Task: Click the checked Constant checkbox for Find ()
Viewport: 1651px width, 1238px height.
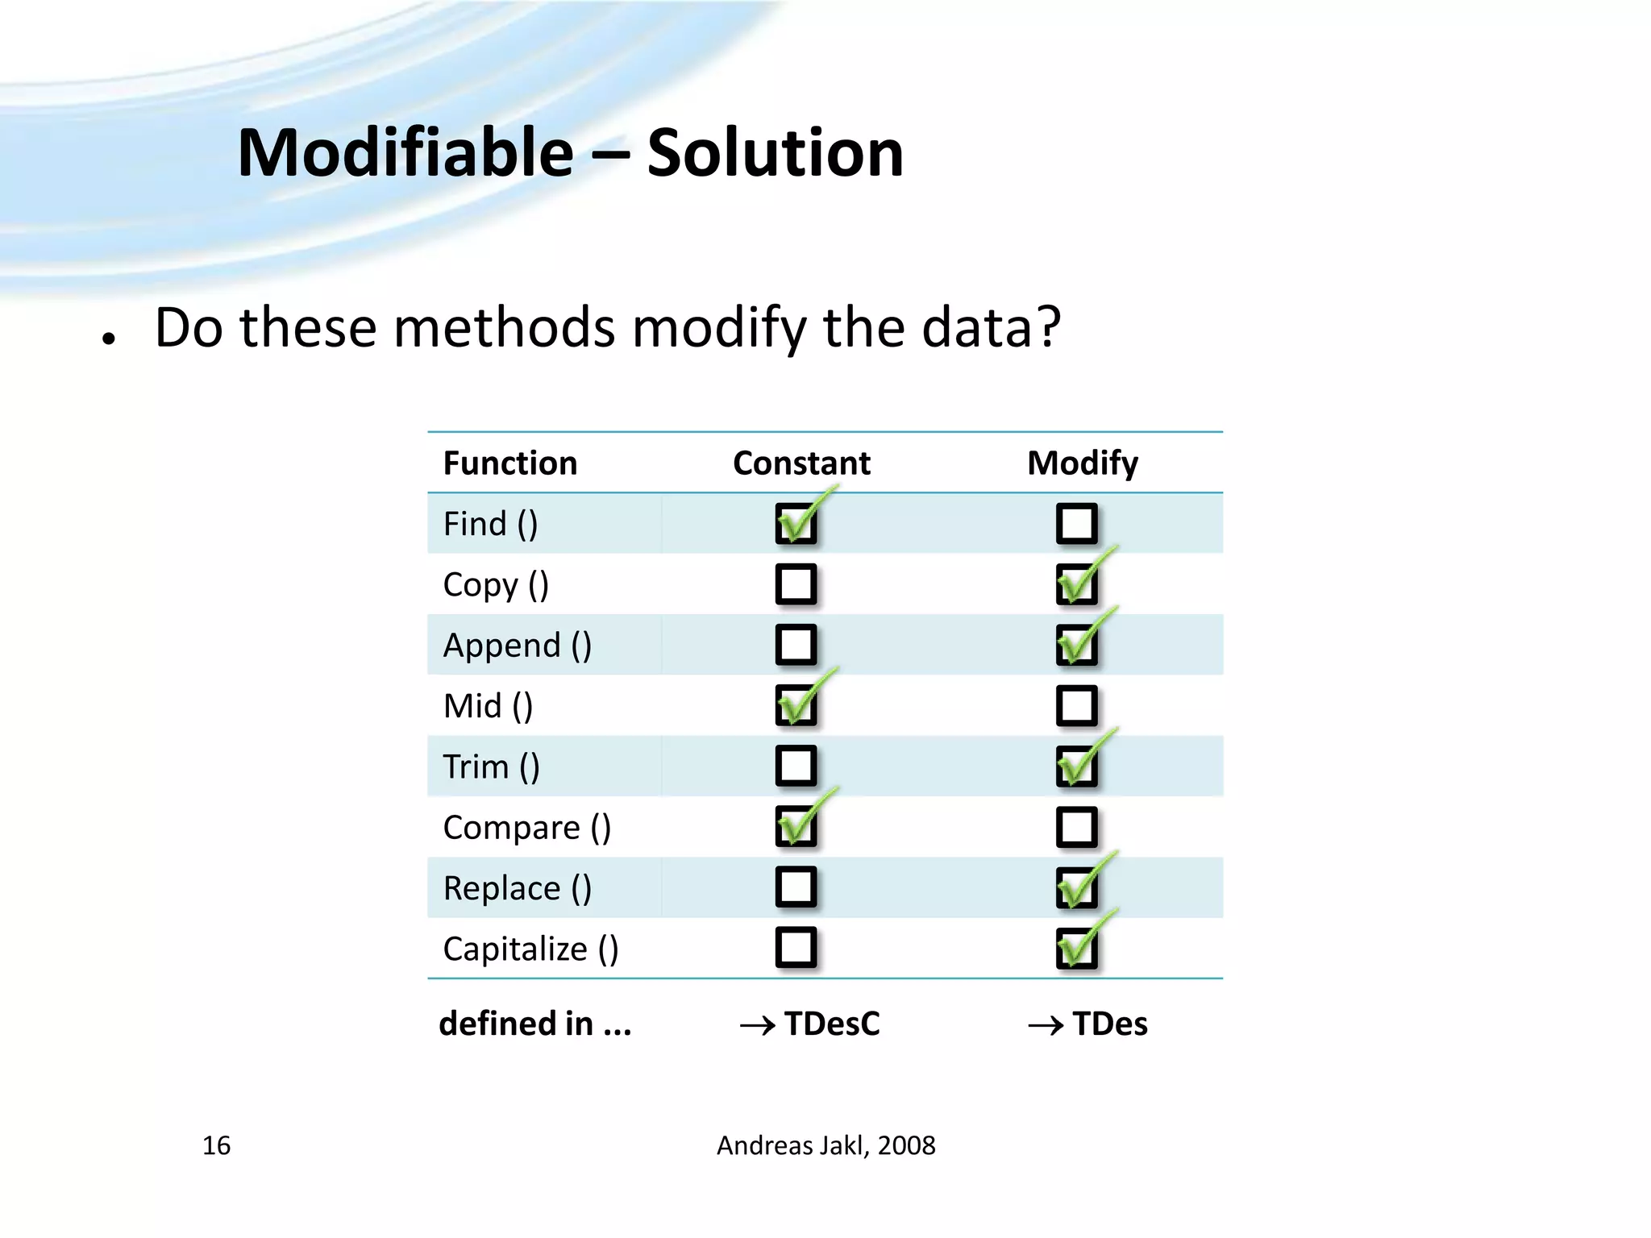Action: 796,524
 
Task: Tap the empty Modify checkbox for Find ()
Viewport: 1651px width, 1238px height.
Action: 1077,524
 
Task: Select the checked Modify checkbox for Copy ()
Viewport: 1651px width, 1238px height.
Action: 1077,584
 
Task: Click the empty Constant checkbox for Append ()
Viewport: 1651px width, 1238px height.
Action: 796,645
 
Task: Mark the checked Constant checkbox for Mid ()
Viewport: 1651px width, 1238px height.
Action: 796,705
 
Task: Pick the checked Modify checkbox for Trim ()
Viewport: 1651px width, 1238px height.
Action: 1077,766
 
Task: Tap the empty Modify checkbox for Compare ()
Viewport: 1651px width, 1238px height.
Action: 1077,827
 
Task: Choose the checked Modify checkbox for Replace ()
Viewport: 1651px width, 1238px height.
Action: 1077,887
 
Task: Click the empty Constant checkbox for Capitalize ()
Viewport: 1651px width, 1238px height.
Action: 796,948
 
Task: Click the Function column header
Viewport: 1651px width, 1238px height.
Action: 510,463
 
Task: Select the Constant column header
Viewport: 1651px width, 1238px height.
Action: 801,463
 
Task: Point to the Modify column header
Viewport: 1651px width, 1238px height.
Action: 1083,463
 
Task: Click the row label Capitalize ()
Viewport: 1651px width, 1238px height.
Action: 530,949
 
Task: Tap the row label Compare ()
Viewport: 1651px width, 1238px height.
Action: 527,828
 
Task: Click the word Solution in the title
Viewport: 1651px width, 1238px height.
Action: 775,153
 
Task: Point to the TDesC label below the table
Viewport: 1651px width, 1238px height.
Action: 832,1024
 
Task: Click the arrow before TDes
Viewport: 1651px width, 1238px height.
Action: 1046,1025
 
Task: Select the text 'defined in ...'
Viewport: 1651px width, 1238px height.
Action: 535,1024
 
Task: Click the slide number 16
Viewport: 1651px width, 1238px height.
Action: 216,1145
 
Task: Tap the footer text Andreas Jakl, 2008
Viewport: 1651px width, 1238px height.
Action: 825,1145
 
